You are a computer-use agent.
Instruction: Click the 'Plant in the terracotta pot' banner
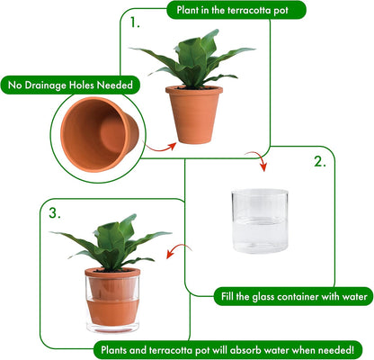point(236,10)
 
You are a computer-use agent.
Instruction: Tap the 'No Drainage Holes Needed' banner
point(72,85)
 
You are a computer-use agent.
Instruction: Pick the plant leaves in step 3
point(112,243)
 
